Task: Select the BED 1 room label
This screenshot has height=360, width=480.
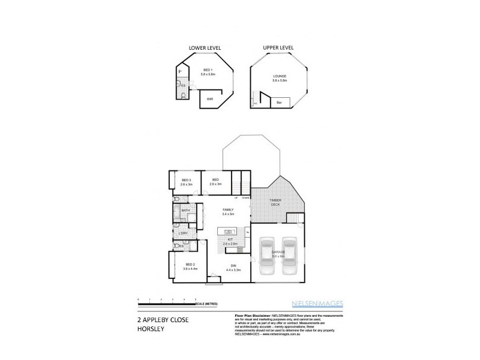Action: tap(207, 71)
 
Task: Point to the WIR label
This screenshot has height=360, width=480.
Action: tap(210, 99)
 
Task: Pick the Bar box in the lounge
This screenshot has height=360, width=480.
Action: tap(279, 103)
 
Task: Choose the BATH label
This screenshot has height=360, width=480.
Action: tap(185, 211)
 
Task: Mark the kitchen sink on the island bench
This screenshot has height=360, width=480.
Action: tap(228, 230)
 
